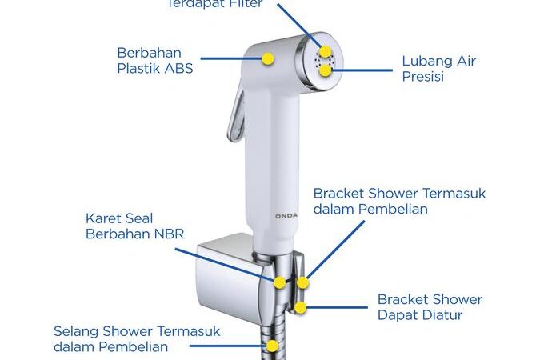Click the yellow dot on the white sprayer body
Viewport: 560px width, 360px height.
pos(269,58)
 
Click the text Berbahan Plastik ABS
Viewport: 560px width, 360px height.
pos(155,60)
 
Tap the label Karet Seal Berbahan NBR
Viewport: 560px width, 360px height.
pos(130,226)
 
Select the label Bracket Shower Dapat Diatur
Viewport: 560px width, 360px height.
pos(430,307)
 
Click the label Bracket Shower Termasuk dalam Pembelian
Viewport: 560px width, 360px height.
pos(399,201)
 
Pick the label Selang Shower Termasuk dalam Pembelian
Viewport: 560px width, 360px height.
pos(136,338)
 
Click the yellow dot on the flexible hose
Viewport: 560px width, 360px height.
pos(273,346)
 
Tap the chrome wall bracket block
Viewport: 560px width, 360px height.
pos(228,276)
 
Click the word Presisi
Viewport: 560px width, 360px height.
pos(423,78)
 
